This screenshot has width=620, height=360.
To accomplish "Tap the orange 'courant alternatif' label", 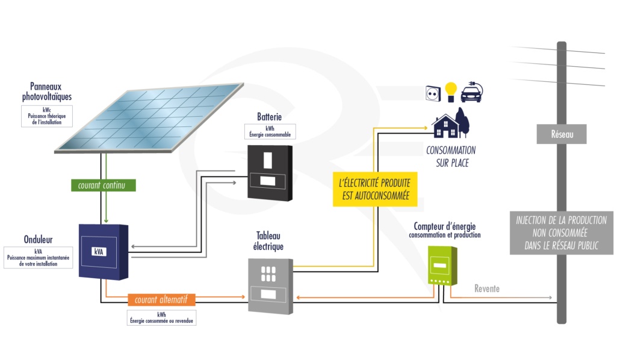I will coord(161,299).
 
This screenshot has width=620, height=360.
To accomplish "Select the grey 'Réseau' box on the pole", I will coord(561,134).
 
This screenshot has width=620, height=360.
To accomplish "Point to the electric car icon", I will coord(471,93).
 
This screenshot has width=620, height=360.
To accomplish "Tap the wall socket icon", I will coord(433,93).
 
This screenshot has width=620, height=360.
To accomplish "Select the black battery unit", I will coord(270,173).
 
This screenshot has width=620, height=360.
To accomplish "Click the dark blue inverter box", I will coord(104,251).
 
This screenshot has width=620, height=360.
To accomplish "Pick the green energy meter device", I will coord(441,265).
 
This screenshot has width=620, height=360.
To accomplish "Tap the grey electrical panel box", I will coord(271,285).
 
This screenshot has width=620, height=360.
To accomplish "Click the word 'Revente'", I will coord(486,289).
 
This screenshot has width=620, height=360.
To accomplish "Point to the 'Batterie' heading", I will coord(269,117).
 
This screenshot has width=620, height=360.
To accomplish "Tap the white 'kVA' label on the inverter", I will coord(99,252).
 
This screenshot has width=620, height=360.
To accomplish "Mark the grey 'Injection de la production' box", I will coord(561,232).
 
